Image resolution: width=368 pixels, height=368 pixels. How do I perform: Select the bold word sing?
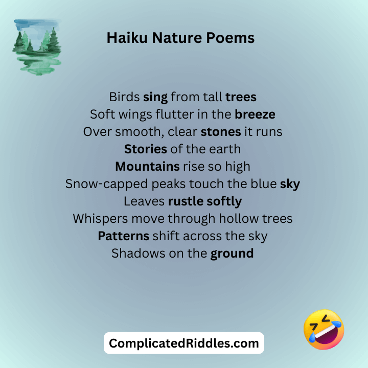coord(155,97)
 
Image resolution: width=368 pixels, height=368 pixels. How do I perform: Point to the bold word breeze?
coord(255,114)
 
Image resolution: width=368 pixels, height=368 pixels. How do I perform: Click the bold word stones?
coord(221,131)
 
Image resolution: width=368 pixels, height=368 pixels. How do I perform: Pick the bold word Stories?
coord(146,149)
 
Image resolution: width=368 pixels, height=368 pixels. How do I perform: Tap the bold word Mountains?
coord(147,166)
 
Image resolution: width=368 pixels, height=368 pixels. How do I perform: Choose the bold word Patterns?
coord(123,236)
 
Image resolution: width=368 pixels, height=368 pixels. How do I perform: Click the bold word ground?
coord(232,254)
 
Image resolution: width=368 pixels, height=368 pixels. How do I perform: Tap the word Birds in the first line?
coord(124,97)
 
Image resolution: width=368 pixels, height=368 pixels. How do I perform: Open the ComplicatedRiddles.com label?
coord(184,343)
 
